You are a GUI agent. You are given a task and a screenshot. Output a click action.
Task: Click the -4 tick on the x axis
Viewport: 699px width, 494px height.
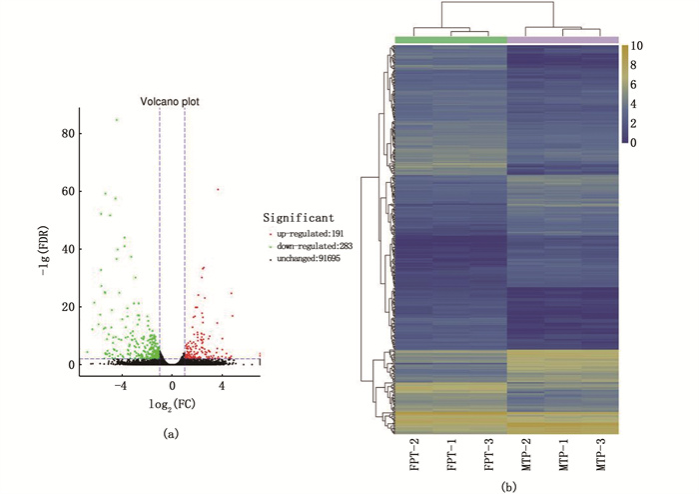(121, 386)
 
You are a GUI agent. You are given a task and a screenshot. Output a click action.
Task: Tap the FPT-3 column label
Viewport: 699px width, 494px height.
(489, 457)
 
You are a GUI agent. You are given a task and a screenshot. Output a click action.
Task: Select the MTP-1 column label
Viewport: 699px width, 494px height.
(563, 457)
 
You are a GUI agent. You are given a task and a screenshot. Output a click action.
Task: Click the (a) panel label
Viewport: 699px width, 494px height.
(171, 433)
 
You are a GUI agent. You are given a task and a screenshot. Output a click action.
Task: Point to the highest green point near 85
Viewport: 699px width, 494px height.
(117, 119)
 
